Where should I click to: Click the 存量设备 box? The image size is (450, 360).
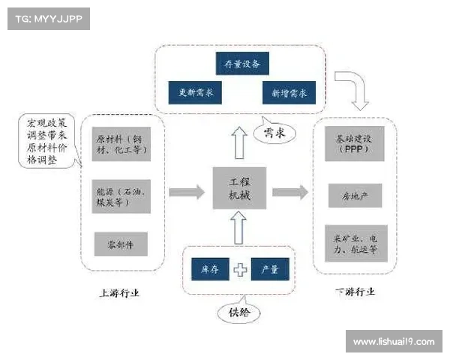coord(242,64)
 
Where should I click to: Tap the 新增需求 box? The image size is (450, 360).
coord(289,93)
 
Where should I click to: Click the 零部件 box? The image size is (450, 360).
coord(120,244)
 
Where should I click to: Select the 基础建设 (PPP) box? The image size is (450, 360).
coord(355,144)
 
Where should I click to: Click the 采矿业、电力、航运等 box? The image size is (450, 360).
coord(355,243)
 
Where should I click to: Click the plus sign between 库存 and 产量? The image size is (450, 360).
coord(239,269)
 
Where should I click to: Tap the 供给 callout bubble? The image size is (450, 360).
coord(233,310)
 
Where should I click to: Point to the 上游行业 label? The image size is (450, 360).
coord(119,292)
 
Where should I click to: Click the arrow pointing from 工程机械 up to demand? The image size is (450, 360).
coord(238,141)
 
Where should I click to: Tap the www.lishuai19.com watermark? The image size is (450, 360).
coord(393,342)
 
